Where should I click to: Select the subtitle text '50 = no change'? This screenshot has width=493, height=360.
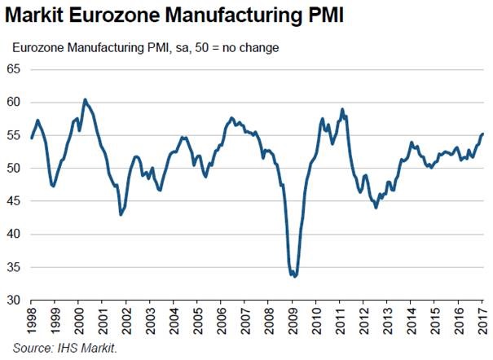pyautogui.click(x=240, y=47)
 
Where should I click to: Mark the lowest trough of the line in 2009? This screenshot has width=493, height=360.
pyautogui.click(x=294, y=277)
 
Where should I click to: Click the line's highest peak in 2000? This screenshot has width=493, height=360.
pyautogui.click(x=85, y=99)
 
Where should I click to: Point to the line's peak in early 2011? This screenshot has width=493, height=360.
pyautogui.click(x=342, y=109)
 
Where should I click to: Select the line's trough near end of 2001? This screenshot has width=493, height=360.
pyautogui.click(x=121, y=214)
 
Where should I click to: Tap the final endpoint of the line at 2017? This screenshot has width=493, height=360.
pyautogui.click(x=482, y=134)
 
